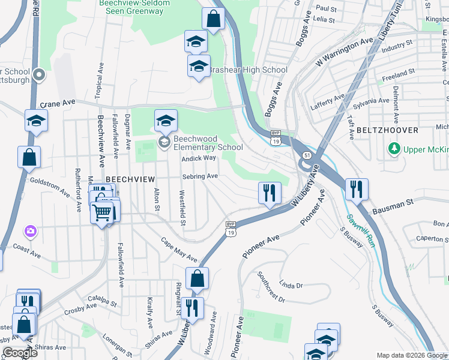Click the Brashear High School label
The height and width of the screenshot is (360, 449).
pyautogui.click(x=247, y=70)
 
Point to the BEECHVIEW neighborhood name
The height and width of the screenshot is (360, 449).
pyautogui.click(x=130, y=179)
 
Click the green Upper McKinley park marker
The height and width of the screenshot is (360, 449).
pyautogui.click(x=394, y=148)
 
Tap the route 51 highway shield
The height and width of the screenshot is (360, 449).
pyautogui.click(x=306, y=155)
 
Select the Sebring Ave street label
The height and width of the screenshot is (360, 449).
pyautogui.click(x=200, y=176)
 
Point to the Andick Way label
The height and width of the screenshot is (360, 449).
pyautogui.click(x=199, y=158)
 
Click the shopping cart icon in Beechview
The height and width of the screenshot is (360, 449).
pyautogui.click(x=103, y=212)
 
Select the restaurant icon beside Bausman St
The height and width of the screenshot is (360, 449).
pyautogui.click(x=357, y=189)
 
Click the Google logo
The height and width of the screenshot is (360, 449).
pyautogui.click(x=19, y=353)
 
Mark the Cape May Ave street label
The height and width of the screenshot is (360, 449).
pyautogui.click(x=179, y=249)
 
